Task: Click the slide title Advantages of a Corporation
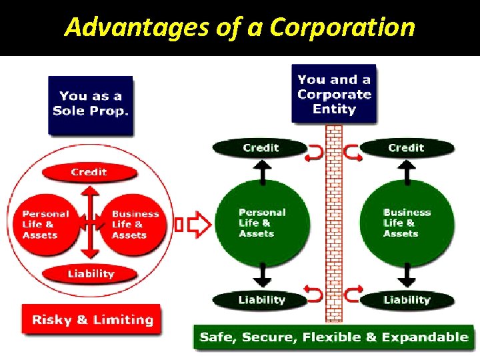[x=239, y=27]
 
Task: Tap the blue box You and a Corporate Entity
[x=334, y=93]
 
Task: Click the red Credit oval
[x=89, y=172]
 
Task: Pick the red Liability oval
[x=91, y=274]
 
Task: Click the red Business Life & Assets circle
[x=135, y=225]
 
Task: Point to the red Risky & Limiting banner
[x=92, y=320]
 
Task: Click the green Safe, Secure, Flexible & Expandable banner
[x=334, y=337]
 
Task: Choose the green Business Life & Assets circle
[x=407, y=223]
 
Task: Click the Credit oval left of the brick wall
[x=261, y=148]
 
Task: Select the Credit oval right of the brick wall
[x=407, y=148]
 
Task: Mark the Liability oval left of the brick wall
[x=261, y=300]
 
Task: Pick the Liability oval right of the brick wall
[x=407, y=300]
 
